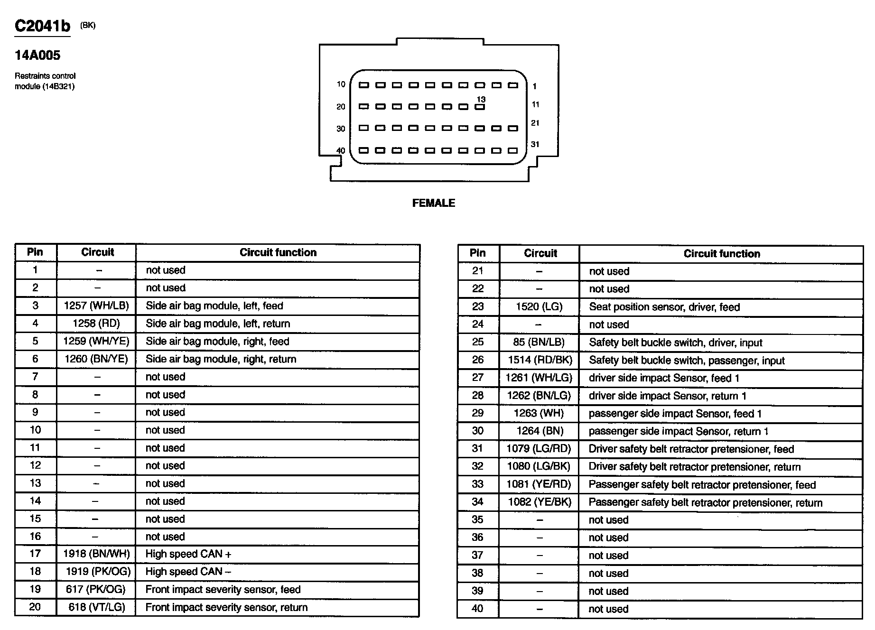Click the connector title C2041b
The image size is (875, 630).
coord(42,26)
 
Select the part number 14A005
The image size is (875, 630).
coord(37,56)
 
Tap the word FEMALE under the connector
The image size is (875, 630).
coord(433,203)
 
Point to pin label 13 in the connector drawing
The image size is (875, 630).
coord(481,100)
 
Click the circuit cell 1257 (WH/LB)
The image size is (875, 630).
coord(96,306)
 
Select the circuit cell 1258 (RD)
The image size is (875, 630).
coord(96,324)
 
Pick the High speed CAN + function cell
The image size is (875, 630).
coord(188,554)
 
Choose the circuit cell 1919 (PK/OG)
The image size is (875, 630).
coord(98,572)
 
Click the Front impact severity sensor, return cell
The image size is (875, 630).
coord(226,608)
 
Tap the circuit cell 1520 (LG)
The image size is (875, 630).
coord(539,307)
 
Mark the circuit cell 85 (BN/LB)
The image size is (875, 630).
coord(539,343)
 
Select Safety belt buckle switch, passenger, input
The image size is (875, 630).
coord(687,361)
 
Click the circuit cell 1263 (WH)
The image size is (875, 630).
coord(539,413)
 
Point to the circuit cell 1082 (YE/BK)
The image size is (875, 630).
coord(540,502)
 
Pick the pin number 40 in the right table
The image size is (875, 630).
coord(477,609)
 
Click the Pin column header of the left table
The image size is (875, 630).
coord(35,252)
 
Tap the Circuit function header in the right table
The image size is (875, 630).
coord(721,254)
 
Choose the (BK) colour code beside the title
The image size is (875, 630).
coord(88,26)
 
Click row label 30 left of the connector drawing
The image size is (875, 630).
coord(341,129)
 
